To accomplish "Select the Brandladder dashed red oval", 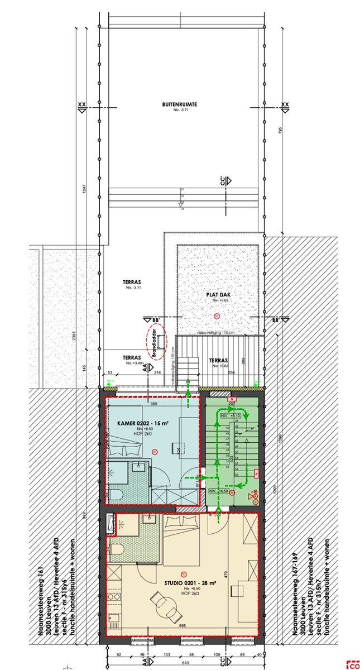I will click(x=156, y=342).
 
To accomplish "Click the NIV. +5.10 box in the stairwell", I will click(x=231, y=416).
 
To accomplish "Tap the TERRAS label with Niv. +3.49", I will click(x=131, y=357).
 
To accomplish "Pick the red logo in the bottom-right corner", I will click(x=353, y=664).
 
